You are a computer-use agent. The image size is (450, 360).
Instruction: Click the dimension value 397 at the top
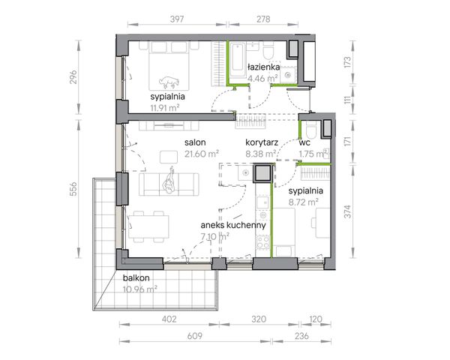[177, 19]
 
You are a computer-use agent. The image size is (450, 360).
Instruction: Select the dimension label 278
[263, 19]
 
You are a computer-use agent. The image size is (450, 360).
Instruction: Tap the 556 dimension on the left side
[73, 188]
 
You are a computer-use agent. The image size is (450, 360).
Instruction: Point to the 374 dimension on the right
[347, 211]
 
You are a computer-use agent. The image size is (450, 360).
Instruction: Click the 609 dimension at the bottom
[194, 335]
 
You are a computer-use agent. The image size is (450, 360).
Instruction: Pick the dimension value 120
[316, 319]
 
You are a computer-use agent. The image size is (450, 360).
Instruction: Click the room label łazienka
[263, 67]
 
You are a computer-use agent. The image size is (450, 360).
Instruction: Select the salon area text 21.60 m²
[202, 154]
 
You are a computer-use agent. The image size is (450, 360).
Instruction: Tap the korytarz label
[262, 142]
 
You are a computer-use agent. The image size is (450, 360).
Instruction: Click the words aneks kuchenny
[233, 225]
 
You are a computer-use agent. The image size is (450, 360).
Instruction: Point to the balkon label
[136, 278]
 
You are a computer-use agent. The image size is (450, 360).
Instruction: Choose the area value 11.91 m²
[165, 108]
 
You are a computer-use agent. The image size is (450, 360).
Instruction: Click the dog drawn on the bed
[169, 82]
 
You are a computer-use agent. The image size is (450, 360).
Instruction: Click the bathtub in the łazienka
[238, 60]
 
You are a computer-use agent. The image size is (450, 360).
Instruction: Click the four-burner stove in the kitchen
[263, 241]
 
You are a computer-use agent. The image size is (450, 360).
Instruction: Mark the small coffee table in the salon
[169, 157]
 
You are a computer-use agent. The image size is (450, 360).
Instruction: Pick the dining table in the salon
[148, 226]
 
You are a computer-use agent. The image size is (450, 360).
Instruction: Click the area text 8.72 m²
[303, 202]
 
